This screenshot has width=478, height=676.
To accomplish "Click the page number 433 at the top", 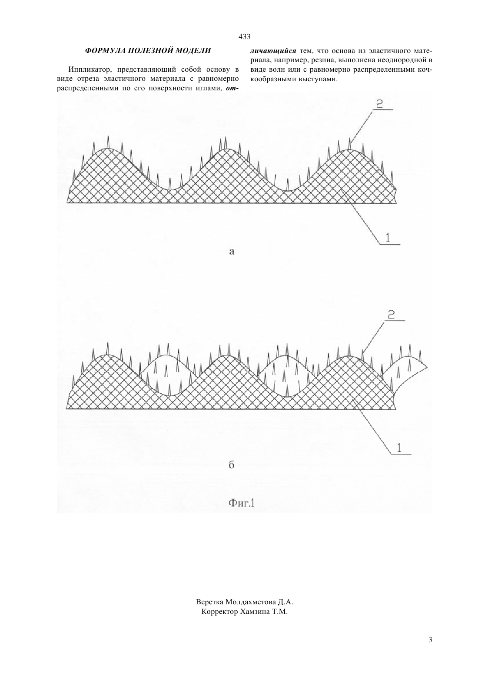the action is pos(244,36).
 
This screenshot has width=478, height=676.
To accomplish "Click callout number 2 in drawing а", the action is pos(379,104).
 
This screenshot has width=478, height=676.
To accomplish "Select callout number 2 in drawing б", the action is pos(392,315).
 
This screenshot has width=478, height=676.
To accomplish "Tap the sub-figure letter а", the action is pos(232,251).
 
